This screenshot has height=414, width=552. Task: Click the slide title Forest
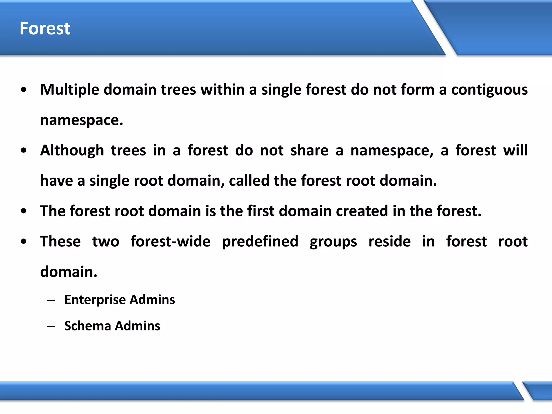point(45,28)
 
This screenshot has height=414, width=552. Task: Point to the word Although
point(72,150)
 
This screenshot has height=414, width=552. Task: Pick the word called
point(249,181)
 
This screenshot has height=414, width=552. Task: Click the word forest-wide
point(170,241)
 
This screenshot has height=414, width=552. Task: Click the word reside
point(389,241)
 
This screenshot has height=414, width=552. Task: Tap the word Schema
point(88,326)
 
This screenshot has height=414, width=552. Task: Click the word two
point(106,241)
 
